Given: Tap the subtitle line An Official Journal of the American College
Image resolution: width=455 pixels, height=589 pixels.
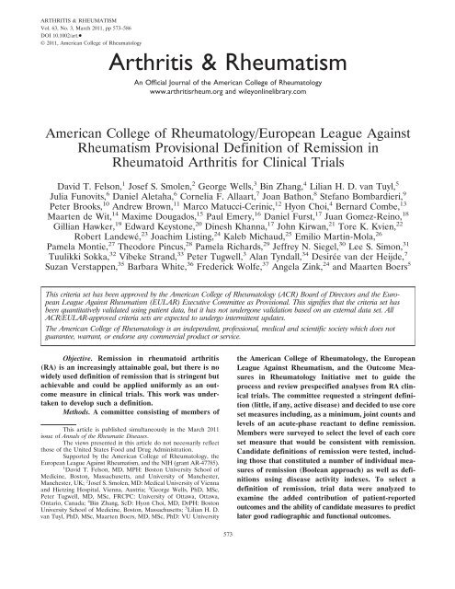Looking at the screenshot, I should [x=227, y=92].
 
